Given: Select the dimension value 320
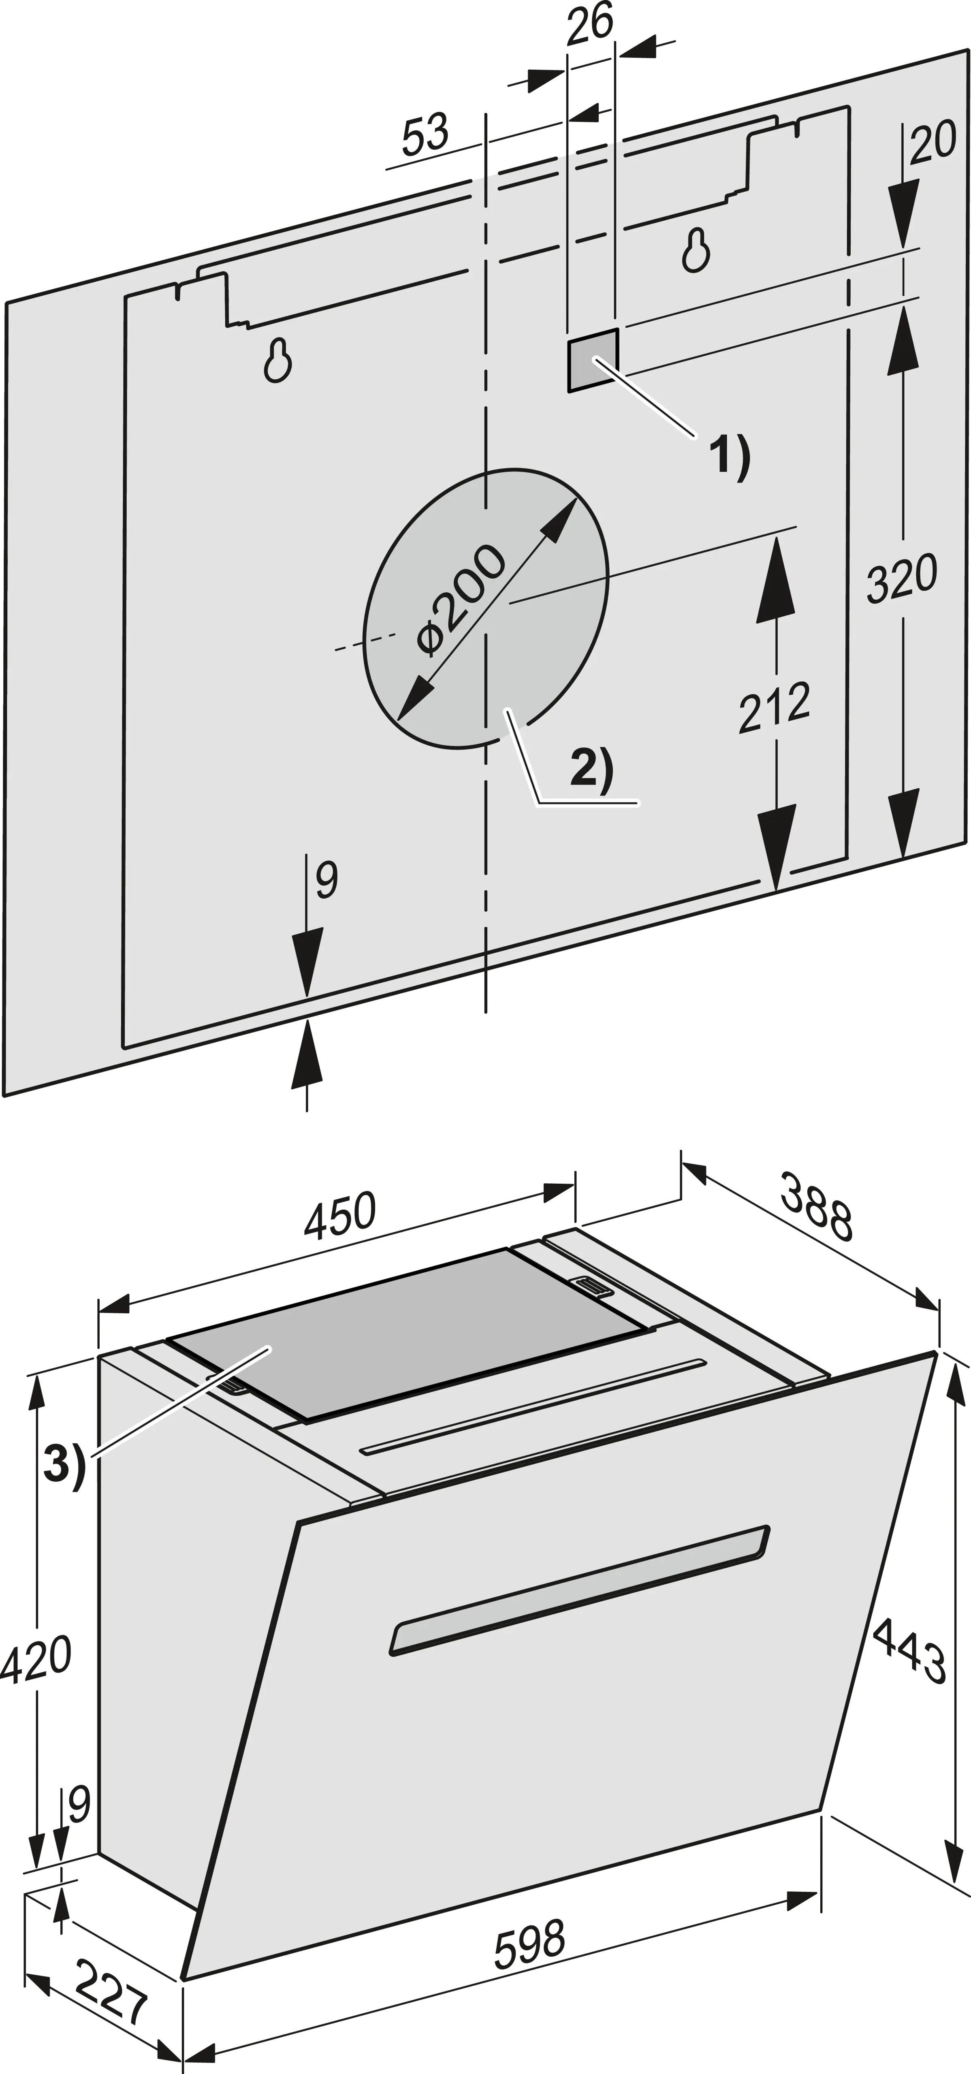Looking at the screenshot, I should [x=903, y=576].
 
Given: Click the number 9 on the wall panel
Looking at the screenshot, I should [x=326, y=879].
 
